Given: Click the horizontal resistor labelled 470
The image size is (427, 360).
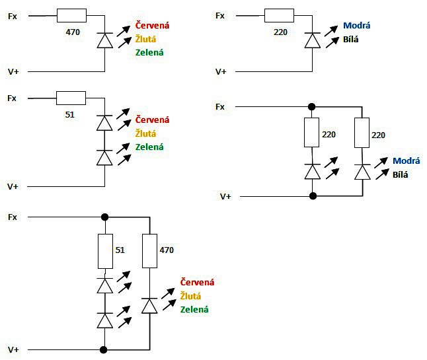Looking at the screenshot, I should (x=71, y=15).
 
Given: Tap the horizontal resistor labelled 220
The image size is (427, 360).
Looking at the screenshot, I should (x=279, y=15).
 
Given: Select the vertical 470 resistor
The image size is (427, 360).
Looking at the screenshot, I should (x=150, y=252).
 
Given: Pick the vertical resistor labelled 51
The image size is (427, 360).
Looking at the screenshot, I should (x=104, y=252).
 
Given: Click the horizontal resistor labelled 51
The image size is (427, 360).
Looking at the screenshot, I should (x=71, y=98).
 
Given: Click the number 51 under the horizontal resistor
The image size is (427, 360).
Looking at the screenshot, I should (x=69, y=114).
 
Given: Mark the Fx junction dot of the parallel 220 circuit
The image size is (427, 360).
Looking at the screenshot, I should (x=312, y=106).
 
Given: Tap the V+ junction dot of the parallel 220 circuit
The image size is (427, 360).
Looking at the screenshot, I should (x=312, y=196).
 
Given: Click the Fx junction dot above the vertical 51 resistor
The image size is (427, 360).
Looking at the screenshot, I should (x=104, y=217).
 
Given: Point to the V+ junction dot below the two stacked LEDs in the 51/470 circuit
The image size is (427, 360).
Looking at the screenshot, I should (x=104, y=349).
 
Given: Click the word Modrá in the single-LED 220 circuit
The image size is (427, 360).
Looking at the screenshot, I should (x=356, y=26).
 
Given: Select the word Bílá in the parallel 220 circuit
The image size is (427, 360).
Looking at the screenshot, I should (x=401, y=174).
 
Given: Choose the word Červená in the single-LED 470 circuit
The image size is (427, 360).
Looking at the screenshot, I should (x=152, y=26).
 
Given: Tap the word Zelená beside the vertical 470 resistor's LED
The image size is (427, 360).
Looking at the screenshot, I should (x=194, y=309).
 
